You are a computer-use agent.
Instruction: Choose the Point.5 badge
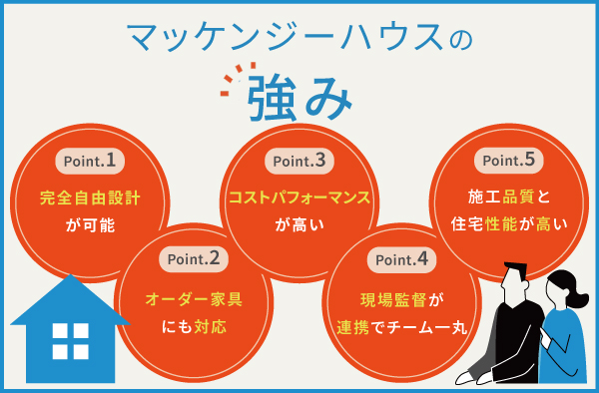(509, 160)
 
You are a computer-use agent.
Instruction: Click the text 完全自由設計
(90, 196)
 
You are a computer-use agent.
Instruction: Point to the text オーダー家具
(193, 297)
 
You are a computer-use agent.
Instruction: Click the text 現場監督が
(401, 297)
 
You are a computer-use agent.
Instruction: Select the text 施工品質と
(509, 196)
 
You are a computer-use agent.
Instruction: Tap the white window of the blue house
(69, 342)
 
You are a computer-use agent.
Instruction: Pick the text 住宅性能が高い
(509, 225)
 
